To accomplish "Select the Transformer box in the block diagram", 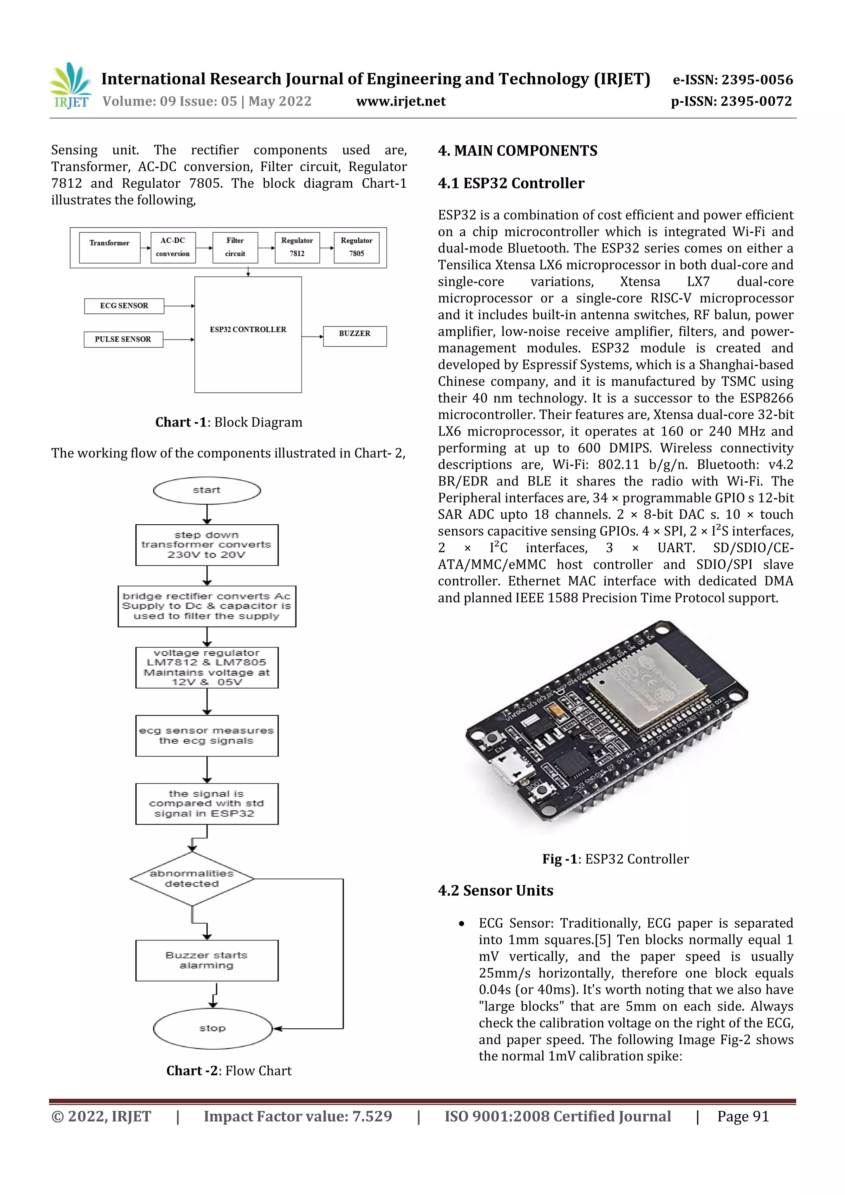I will click(109, 247).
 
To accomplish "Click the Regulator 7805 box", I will click(356, 247).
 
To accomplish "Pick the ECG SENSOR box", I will click(124, 306).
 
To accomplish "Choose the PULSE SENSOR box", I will click(123, 339).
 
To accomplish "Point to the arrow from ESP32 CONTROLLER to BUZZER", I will click(312, 337).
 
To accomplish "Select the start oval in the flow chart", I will click(207, 490).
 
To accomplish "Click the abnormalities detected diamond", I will click(191, 879).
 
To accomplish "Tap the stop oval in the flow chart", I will click(212, 1028).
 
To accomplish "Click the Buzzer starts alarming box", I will click(207, 960).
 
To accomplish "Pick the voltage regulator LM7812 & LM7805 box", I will click(207, 667).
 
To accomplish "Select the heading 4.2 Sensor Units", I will click(495, 891).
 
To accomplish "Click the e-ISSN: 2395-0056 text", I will click(732, 80).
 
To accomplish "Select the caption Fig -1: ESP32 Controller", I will click(616, 859).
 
